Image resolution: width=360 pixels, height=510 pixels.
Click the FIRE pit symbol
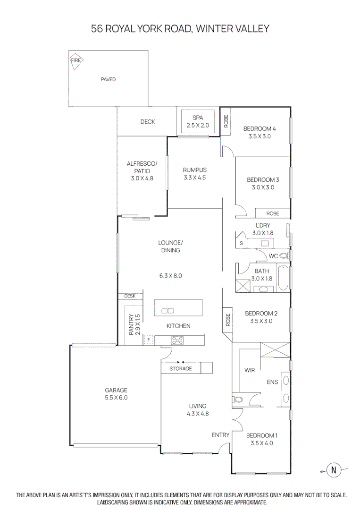pos(76,61)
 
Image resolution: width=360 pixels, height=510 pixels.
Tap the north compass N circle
pos(334,470)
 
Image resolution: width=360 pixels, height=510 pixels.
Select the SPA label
pos(197,118)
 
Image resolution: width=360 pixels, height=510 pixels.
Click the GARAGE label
pos(116,390)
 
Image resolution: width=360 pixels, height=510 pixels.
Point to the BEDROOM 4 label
pos(260,128)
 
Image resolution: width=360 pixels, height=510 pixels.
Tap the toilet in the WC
pos(284,256)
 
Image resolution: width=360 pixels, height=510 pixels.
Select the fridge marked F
pos(148,340)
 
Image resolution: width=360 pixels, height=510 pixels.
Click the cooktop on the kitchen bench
pos(178,339)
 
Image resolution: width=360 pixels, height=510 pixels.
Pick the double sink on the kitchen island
pos(167,310)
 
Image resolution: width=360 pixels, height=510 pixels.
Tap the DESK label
pos(130,296)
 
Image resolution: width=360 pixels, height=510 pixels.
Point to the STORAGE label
pos(181,368)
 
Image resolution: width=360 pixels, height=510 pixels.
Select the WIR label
pos(249,371)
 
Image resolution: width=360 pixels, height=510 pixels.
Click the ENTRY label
pos(220,435)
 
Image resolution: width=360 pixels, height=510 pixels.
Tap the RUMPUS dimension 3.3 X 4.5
pos(195,178)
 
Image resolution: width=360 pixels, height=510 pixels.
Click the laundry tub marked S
pos(241,243)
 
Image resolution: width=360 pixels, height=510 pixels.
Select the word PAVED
pos(108,79)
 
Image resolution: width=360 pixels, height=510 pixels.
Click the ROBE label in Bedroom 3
pos(272,213)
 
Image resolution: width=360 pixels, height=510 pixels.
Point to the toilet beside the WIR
pos(238,399)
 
